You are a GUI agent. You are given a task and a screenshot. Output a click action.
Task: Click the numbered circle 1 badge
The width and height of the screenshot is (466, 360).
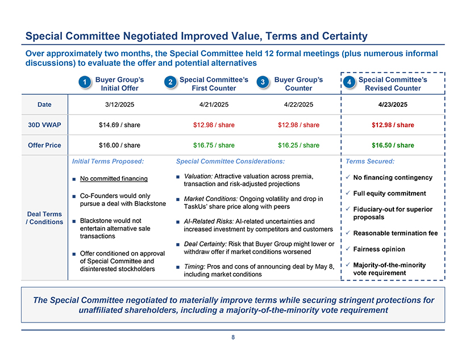84,83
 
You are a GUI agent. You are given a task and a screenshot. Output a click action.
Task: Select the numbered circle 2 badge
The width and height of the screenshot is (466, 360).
170,83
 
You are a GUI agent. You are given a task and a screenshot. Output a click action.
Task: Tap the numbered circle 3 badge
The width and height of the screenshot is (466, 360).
264,83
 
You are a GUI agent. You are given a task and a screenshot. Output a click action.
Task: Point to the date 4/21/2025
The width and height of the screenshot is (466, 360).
214,104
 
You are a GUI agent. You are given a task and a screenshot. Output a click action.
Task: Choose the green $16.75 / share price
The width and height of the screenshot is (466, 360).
214,145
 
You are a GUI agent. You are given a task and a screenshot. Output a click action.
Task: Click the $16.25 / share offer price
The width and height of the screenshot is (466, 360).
298,145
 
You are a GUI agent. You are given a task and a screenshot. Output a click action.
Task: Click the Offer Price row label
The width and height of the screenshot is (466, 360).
44,145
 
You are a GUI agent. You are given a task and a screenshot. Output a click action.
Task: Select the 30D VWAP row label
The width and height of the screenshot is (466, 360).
44,125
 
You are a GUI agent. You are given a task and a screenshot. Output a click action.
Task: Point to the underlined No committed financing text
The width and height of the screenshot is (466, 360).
114,179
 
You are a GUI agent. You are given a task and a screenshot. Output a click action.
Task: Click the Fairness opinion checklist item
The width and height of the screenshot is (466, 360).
379,249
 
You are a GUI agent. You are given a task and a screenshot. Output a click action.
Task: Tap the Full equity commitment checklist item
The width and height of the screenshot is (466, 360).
389,194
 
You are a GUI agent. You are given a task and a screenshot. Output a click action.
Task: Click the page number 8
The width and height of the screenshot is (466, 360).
233,337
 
